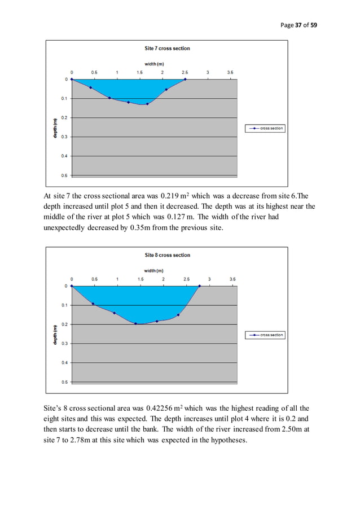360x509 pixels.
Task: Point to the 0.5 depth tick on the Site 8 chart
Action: click(x=65, y=382)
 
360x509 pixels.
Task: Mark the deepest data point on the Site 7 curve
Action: click(x=147, y=104)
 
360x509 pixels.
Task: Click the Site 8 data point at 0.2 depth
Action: click(x=136, y=324)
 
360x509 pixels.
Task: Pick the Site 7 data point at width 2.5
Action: click(x=185, y=80)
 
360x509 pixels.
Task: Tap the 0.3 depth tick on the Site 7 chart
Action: click(x=65, y=137)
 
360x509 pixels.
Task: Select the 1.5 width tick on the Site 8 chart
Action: click(x=141, y=279)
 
